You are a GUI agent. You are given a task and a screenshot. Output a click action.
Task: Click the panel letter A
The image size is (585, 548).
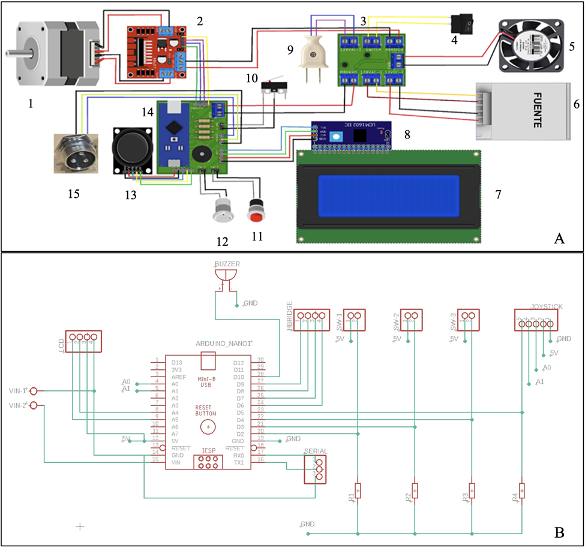coord(559,239)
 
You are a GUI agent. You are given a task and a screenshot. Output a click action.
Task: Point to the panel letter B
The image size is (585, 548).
coord(559,532)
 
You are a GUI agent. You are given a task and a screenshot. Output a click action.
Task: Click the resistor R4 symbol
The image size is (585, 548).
coord(521,490)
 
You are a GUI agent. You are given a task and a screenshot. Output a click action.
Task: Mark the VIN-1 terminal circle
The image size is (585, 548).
coord(34,391)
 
